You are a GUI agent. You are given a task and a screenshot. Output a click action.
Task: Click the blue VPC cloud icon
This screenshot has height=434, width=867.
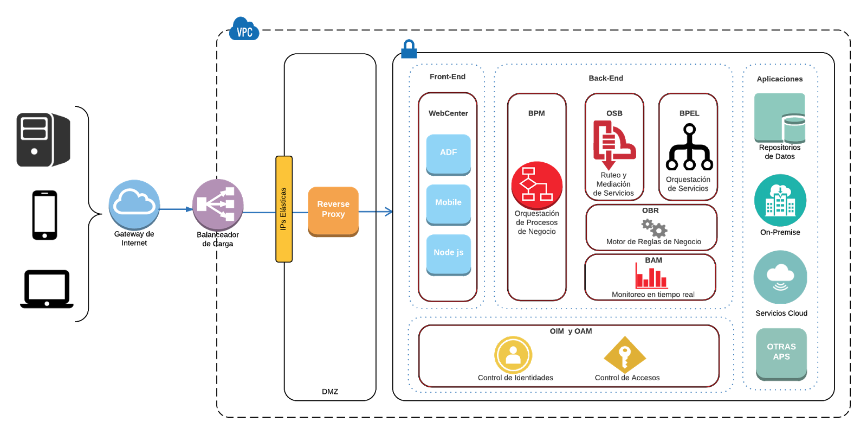coord(244,29)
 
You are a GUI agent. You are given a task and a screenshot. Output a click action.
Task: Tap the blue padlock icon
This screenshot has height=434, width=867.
coord(409,49)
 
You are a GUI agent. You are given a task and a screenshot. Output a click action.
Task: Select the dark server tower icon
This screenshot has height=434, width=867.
coord(43,139)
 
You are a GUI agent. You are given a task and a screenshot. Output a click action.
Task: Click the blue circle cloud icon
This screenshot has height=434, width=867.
coord(134,205)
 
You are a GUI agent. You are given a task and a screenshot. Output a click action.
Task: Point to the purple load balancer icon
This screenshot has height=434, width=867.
coord(217,205)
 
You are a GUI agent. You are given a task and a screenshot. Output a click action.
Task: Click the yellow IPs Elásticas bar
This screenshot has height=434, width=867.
coord(284,209)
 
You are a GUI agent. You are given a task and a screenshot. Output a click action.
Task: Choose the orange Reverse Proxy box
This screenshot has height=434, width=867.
coord(333,210)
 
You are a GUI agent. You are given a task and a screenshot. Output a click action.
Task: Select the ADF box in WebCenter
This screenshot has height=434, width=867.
coord(448,154)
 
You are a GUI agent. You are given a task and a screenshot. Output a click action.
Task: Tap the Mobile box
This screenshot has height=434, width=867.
coord(448,204)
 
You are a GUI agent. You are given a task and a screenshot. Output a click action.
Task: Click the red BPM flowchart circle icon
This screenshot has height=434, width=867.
coord(536,184)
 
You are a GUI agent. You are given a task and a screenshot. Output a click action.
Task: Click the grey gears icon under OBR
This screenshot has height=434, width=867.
coord(654,228)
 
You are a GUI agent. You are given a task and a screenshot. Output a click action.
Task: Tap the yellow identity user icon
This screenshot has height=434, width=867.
coord(513,355)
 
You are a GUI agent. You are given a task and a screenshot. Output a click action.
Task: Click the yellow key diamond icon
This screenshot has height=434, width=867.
coord(625,355)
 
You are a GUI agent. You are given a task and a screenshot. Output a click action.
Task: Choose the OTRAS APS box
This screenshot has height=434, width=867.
coord(781,353)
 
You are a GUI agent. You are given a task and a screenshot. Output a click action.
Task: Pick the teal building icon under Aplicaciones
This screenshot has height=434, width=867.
coord(780,200)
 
